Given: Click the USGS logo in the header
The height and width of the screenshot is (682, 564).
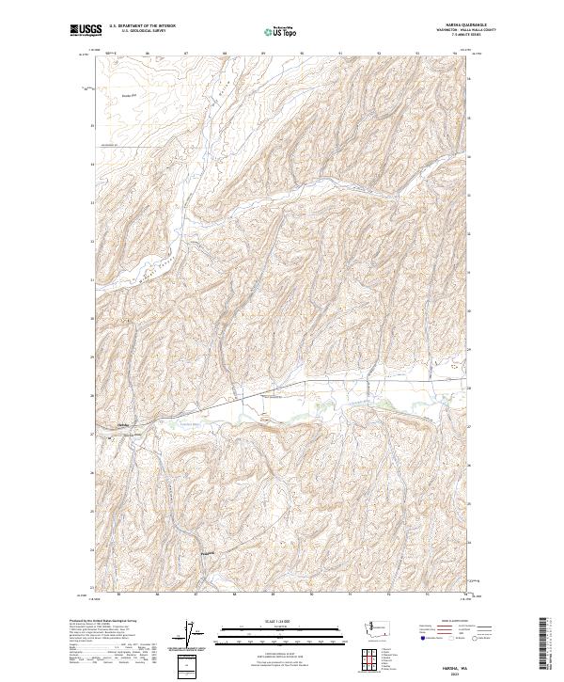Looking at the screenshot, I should (86, 30).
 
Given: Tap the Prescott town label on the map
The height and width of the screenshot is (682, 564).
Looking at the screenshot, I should (208, 552).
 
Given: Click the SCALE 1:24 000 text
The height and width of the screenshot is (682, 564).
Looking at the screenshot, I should (273, 620).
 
